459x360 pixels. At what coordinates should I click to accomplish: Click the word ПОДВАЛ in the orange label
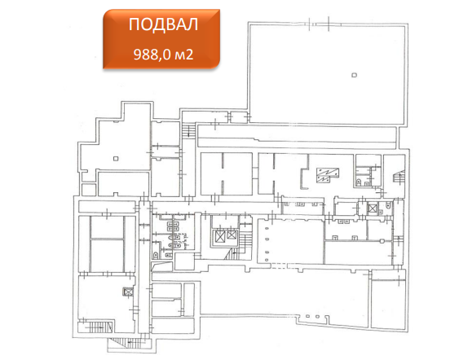(163, 24)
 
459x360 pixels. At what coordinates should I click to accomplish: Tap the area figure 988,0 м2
(163, 55)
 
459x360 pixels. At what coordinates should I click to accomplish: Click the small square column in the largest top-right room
(354, 75)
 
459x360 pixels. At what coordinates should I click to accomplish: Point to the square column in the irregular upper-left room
(116, 159)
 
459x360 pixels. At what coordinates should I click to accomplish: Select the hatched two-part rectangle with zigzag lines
(327, 175)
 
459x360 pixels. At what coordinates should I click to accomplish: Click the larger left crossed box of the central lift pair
(220, 236)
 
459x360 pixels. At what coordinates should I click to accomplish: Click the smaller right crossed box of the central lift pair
(232, 235)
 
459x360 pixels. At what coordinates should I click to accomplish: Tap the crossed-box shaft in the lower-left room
(128, 292)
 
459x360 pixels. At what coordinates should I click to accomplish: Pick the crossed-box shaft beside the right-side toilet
(372, 209)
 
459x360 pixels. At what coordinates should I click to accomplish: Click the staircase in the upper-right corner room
(399, 178)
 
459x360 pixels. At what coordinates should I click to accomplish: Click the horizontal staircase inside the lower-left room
(98, 327)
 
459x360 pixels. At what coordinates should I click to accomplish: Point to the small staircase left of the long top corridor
(188, 131)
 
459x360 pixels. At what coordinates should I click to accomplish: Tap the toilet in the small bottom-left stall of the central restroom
(156, 255)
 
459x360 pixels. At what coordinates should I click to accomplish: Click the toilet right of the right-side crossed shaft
(388, 205)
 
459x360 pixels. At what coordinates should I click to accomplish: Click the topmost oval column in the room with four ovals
(267, 229)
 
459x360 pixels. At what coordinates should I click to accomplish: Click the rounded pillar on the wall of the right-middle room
(382, 241)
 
